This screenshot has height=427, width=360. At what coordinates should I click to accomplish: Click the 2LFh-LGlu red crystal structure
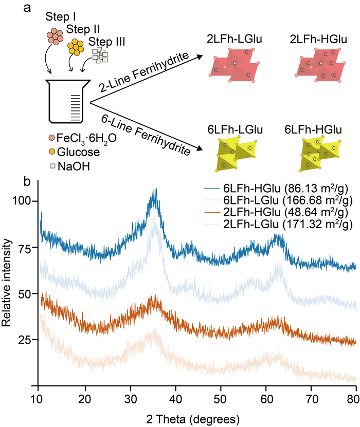point(235,65)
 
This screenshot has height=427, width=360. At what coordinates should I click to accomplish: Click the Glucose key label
point(78,152)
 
